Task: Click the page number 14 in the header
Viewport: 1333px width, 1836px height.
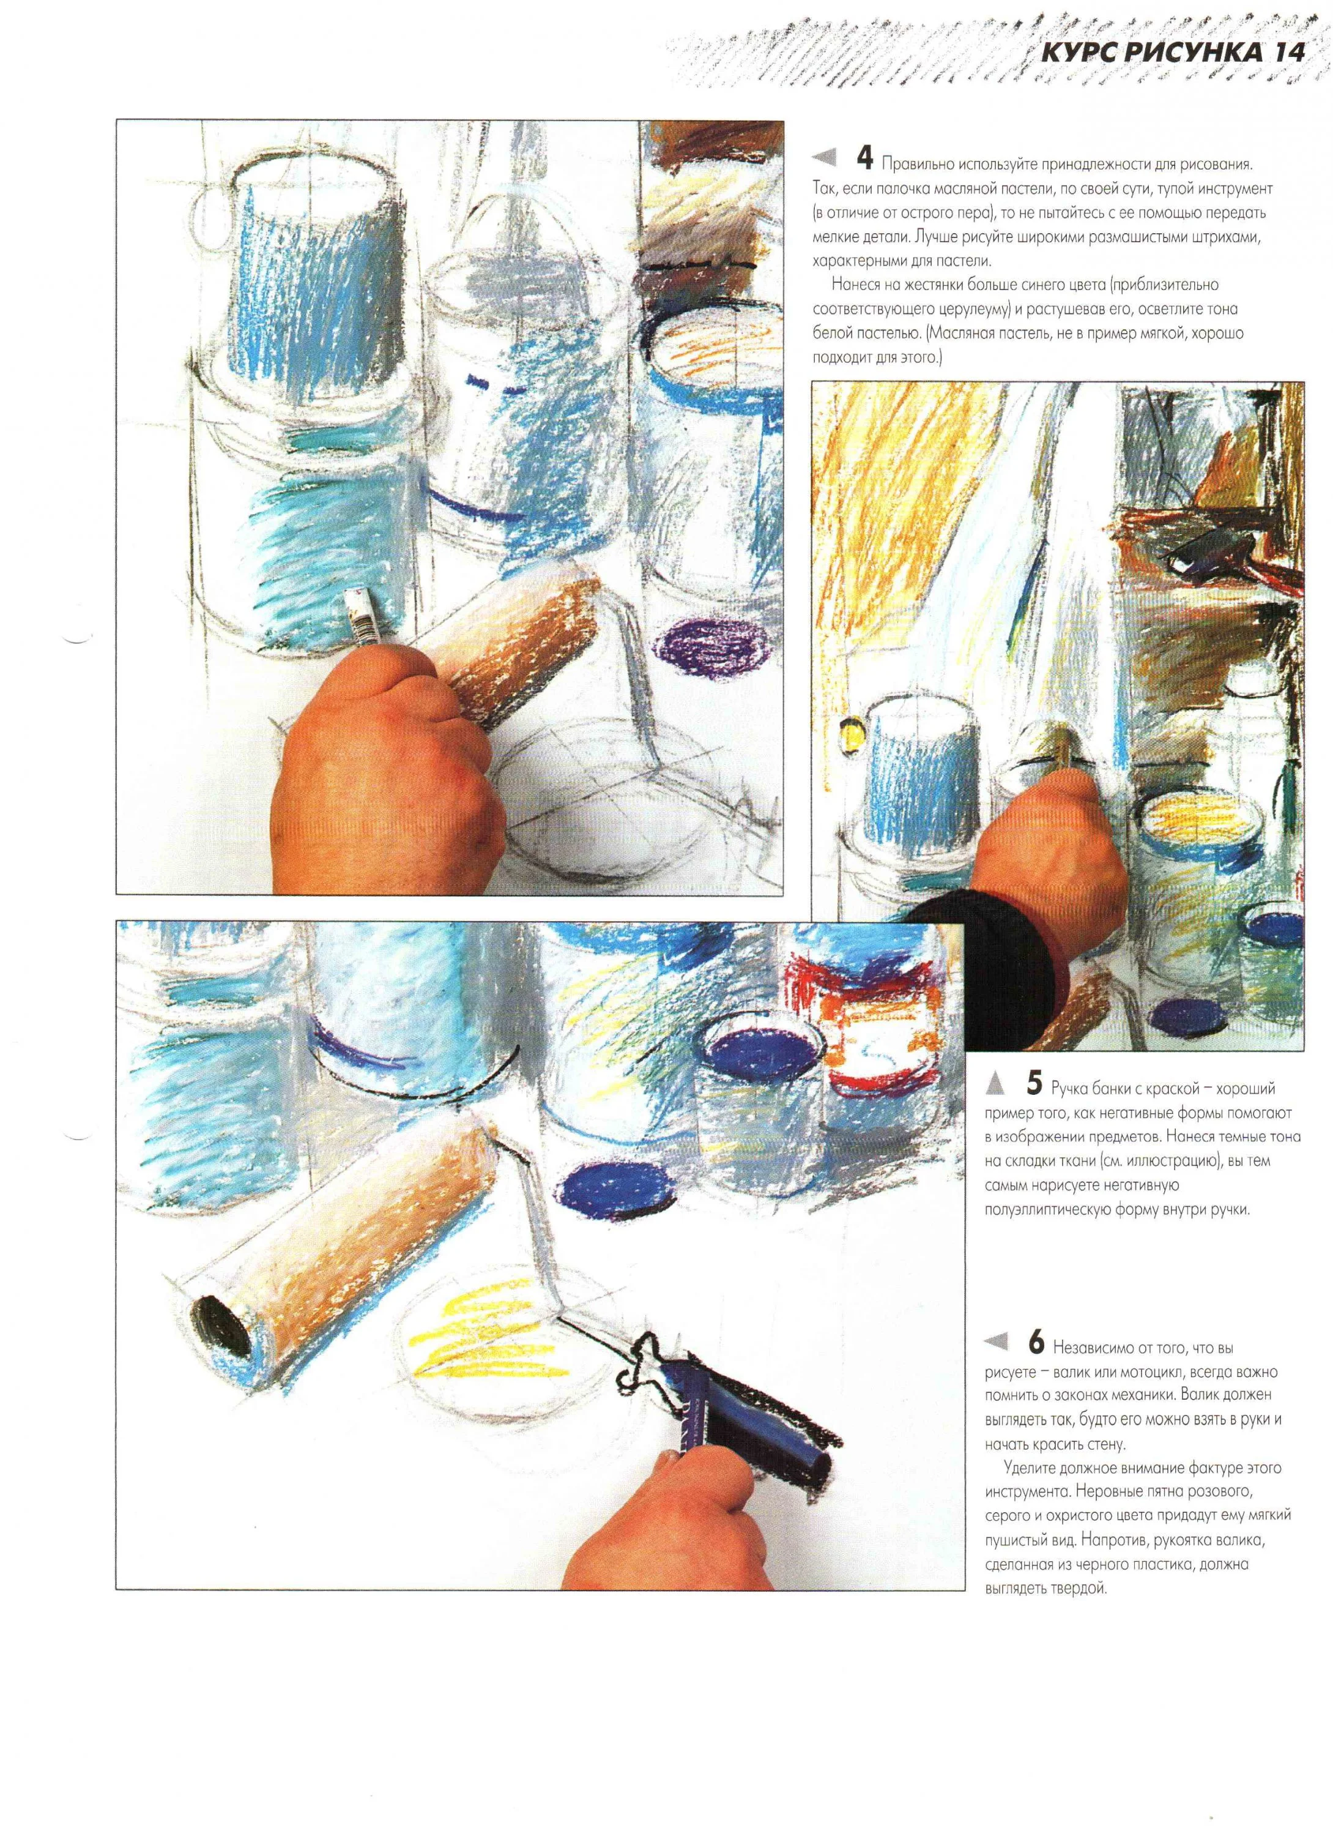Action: (1288, 53)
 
